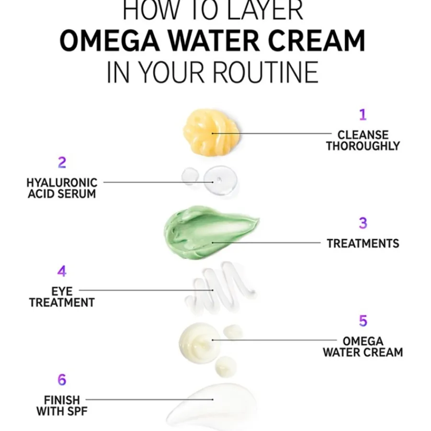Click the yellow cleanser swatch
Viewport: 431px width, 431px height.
pos(211,132)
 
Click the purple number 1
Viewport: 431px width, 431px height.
pos(363,115)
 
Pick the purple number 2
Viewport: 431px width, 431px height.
pos(62,163)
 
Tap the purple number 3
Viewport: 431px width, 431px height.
pos(363,223)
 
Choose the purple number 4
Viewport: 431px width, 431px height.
pos(62,271)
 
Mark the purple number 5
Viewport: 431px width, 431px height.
pos(363,321)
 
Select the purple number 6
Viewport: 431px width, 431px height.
pos(62,380)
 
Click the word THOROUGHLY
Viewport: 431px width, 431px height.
pos(363,146)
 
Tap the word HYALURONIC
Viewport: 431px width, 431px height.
pos(62,182)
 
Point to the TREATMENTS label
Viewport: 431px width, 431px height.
pos(363,243)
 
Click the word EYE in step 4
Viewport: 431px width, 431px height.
pos(61,291)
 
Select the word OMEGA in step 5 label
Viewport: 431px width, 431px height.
pos(363,341)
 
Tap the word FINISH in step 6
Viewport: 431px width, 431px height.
pos(62,399)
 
